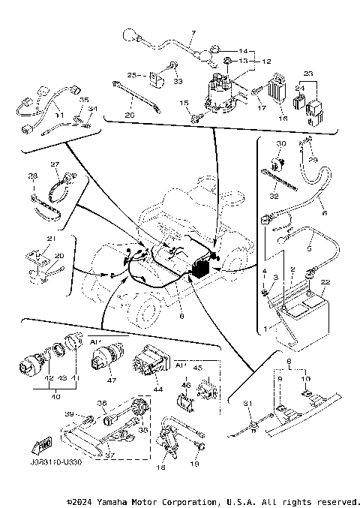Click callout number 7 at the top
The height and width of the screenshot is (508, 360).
tap(192, 34)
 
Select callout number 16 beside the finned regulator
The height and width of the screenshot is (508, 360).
tap(283, 118)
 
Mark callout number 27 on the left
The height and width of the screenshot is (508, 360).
tap(55, 164)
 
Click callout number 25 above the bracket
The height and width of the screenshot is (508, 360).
tap(131, 76)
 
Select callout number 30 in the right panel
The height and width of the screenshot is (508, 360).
tap(281, 143)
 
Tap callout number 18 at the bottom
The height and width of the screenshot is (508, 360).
tap(160, 467)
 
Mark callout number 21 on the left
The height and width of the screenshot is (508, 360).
tap(51, 239)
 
